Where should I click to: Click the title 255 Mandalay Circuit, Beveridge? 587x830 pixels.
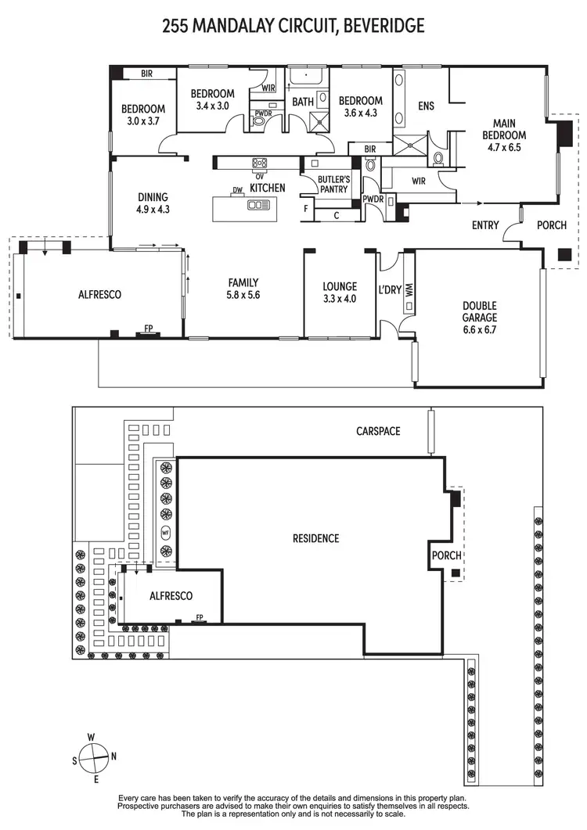pyautogui.click(x=293, y=26)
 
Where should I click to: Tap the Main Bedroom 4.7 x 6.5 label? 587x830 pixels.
pyautogui.click(x=514, y=135)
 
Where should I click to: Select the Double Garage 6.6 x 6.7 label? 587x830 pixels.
pyautogui.click(x=480, y=318)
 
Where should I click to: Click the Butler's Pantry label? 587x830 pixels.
pyautogui.click(x=333, y=184)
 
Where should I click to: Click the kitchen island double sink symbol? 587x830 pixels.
pyautogui.click(x=257, y=205)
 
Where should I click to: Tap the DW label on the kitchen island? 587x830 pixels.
pyautogui.click(x=236, y=190)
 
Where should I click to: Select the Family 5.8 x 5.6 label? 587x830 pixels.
pyautogui.click(x=243, y=289)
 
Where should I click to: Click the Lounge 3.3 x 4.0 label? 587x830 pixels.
pyautogui.click(x=340, y=292)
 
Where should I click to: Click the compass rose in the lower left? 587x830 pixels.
pyautogui.click(x=93, y=756)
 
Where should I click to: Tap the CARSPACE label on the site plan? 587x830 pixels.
pyautogui.click(x=378, y=431)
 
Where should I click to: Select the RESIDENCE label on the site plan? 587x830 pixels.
pyautogui.click(x=315, y=538)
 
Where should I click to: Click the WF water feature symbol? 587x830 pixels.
pyautogui.click(x=165, y=534)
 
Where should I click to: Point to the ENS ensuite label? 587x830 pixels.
pyautogui.click(x=427, y=106)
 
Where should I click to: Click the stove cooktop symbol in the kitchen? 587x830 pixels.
pyautogui.click(x=259, y=163)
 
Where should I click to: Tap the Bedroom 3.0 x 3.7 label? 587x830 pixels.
pyautogui.click(x=142, y=115)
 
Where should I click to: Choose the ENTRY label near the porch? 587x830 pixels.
pyautogui.click(x=485, y=225)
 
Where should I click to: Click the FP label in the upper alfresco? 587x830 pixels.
pyautogui.click(x=148, y=329)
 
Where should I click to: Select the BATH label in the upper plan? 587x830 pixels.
pyautogui.click(x=303, y=102)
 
